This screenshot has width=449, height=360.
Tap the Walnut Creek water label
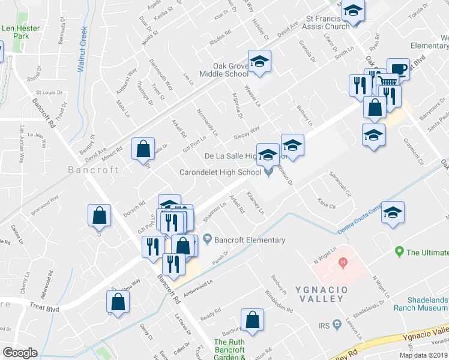tap(83, 49)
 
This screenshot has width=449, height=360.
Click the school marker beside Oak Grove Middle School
tap(260, 62)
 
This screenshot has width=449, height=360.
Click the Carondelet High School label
tap(220, 173)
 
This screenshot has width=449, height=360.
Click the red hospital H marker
tap(343, 262)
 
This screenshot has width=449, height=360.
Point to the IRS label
tap(324, 326)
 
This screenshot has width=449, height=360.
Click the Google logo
tap(20, 353)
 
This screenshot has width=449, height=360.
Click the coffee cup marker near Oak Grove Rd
tap(397, 68)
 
